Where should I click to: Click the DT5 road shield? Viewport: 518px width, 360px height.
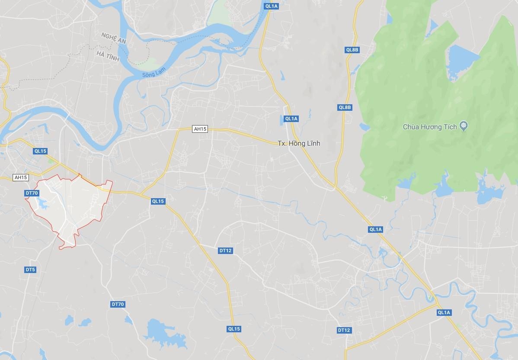30,270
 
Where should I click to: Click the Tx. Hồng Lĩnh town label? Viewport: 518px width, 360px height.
299,143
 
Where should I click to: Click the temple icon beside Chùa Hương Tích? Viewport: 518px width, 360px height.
464,126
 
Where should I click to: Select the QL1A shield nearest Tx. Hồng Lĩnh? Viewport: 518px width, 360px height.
291,119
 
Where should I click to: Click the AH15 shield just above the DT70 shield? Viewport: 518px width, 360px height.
21,177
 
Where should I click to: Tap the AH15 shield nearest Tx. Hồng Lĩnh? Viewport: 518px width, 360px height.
200,129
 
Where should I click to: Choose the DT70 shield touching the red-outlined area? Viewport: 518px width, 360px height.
32,193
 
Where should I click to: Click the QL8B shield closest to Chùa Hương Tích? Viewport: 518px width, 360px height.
345,107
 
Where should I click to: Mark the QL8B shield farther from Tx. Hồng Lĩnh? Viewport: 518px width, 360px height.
352,50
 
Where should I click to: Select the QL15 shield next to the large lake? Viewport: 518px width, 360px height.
234,329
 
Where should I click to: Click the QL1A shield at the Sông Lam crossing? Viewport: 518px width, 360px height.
272,6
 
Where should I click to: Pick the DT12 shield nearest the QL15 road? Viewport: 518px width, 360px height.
225,251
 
